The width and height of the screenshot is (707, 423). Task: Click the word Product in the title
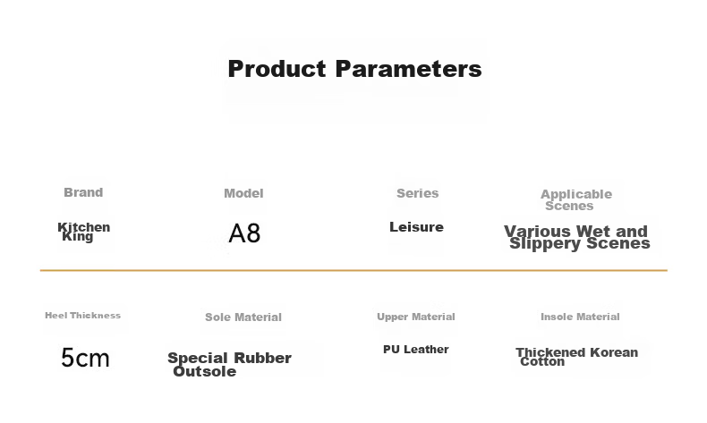[x=277, y=69]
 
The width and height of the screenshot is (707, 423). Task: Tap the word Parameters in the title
[x=408, y=69]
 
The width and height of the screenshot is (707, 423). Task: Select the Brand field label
[x=83, y=192]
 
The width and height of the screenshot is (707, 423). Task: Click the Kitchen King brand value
[x=84, y=232]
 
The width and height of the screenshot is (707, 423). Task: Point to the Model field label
[x=243, y=193]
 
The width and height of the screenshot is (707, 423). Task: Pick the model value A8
[x=244, y=233]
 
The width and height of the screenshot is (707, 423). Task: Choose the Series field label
[x=418, y=193]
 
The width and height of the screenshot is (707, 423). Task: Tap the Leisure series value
[x=416, y=227]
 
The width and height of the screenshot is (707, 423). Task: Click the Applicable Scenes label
[x=576, y=200]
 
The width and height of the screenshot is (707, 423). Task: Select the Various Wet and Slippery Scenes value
[x=577, y=237]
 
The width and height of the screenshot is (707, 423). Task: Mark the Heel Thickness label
[x=82, y=316]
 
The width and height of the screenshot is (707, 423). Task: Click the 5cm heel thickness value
[x=85, y=358]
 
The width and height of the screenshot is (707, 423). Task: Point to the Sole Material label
[x=243, y=317]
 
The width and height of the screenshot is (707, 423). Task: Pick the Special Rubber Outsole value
[x=229, y=365]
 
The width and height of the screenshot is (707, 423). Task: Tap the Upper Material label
[x=416, y=317]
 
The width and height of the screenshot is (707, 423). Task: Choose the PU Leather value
[x=416, y=350]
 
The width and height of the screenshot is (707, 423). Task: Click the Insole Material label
[x=580, y=317]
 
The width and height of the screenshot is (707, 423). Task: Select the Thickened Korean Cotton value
[x=576, y=357]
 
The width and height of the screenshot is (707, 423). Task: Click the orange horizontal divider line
[x=353, y=270]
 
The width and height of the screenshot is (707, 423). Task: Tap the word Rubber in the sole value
[x=263, y=358]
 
